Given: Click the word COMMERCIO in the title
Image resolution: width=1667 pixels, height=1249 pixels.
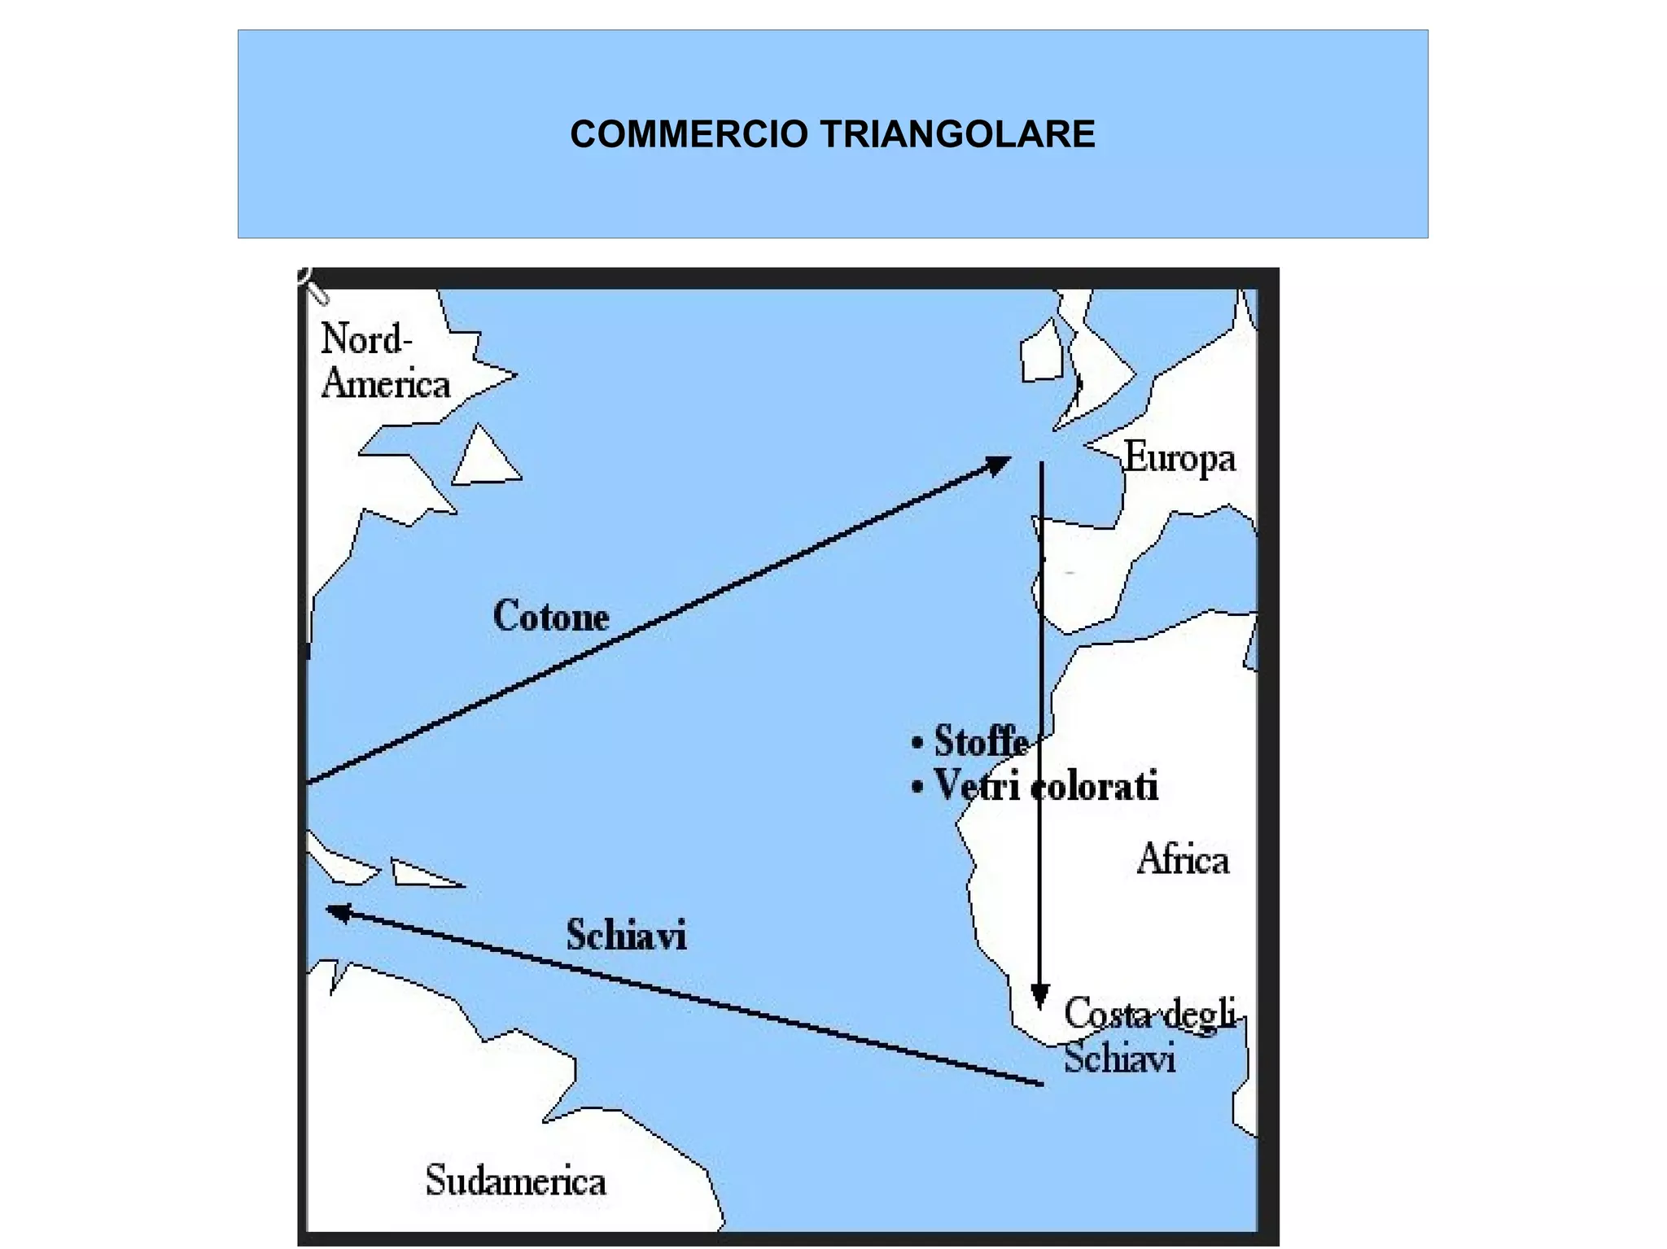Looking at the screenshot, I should click(689, 134).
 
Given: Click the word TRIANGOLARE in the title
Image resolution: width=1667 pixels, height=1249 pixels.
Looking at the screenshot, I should click(957, 134).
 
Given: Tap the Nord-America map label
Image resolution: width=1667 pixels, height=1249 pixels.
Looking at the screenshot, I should click(384, 361).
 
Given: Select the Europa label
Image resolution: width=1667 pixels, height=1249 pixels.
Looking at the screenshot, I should click(1179, 459).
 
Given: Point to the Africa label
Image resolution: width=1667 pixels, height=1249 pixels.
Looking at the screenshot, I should click(1183, 860).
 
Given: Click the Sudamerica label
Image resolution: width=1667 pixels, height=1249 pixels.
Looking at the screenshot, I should click(515, 1181).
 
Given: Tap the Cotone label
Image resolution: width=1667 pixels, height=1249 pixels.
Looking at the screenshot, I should click(551, 616).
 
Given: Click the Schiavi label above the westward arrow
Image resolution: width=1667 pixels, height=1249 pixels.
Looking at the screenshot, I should click(626, 935).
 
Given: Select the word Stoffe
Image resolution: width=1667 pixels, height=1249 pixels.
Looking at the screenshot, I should click(981, 741).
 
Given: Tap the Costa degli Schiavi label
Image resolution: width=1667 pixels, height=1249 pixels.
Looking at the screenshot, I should click(1148, 1036).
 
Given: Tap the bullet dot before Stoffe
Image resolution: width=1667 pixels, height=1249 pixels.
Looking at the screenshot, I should click(917, 743).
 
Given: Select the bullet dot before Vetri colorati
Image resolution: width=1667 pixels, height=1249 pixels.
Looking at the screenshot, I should click(917, 788).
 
